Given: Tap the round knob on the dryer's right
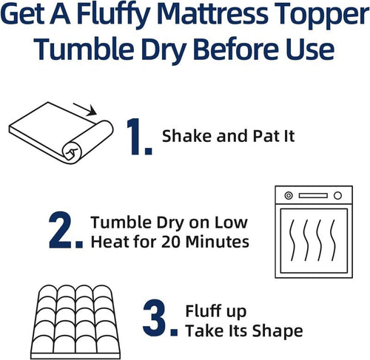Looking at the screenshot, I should coord(338,196).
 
